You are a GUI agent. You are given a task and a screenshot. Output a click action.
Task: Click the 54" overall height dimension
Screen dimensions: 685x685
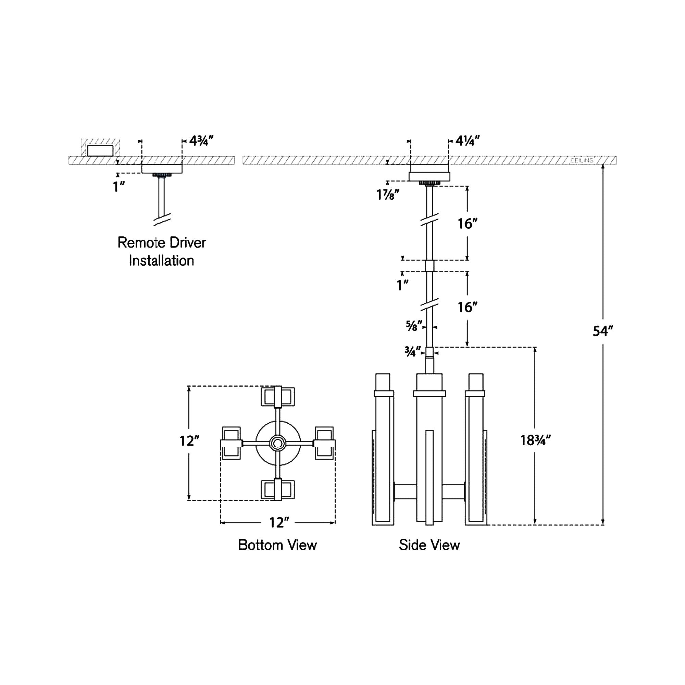pos(603,332)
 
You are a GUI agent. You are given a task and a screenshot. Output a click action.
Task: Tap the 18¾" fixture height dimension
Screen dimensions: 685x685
pos(535,440)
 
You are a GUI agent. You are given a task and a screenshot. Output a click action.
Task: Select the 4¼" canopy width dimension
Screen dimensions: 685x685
pos(467,141)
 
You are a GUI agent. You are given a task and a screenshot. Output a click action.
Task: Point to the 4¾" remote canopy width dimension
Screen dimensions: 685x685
pos(201,141)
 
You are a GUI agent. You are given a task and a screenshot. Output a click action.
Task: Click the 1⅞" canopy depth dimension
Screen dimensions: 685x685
pos(387,195)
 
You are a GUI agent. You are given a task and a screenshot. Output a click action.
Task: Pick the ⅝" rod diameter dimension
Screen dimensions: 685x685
pos(414,326)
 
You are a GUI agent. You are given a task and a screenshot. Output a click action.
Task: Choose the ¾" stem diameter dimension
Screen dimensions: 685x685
pos(412,352)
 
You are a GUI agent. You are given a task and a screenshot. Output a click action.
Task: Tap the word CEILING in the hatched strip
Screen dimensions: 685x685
pos(582,161)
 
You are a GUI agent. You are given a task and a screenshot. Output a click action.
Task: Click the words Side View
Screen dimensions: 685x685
pos(429,545)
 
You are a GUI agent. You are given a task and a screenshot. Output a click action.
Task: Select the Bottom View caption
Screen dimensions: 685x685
pos(277,545)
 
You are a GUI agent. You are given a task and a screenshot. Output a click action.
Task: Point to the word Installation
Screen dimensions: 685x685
pos(161,261)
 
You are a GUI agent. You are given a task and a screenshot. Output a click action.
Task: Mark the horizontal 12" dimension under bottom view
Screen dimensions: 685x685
pos(279,523)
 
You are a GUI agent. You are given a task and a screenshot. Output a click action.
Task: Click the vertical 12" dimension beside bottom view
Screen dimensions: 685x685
pos(189,441)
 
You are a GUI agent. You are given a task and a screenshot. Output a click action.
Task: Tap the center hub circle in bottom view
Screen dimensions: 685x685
pos(278,443)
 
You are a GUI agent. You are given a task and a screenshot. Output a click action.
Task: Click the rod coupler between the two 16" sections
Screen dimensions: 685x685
pos(429,266)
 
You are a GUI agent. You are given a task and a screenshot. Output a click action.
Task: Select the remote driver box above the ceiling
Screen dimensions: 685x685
pos(100,150)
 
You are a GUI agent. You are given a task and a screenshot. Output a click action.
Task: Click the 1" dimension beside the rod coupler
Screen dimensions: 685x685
pos(402,285)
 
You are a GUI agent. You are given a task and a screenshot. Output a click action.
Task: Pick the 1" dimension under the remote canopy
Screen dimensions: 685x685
pos(119,187)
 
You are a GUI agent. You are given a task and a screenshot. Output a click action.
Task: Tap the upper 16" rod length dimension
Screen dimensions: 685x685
pos(467,224)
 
